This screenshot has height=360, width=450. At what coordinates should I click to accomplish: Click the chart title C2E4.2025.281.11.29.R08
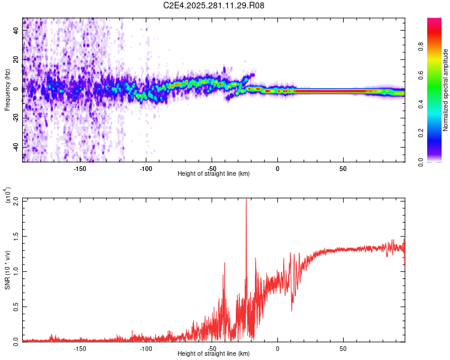click(214, 5)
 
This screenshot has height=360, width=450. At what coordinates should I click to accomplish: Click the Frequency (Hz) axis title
click(7, 90)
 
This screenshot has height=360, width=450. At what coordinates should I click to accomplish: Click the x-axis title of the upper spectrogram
click(214, 174)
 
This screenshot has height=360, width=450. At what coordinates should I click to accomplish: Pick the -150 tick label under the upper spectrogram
click(80, 168)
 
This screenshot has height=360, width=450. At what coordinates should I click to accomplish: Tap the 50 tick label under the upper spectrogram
click(343, 168)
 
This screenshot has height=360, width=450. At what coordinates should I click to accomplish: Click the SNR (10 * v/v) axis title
click(7, 270)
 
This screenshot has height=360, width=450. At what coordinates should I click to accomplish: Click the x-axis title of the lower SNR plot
click(214, 354)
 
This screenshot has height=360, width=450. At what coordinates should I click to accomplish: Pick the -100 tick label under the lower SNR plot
click(145, 348)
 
